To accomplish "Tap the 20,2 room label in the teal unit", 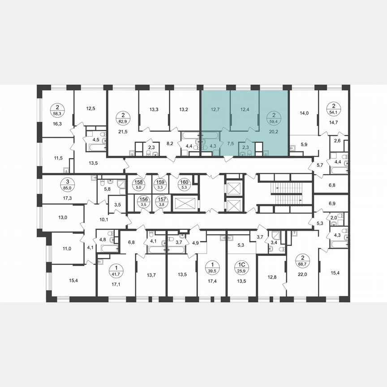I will coord(274,132).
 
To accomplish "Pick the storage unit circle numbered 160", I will coord(184,184).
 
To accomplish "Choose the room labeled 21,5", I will coord(122,131).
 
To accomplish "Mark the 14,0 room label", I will coord(304,113).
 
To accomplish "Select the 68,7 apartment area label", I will coord(303,260).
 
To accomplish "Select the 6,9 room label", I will coord(332,203).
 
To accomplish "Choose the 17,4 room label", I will coord(212,282).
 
